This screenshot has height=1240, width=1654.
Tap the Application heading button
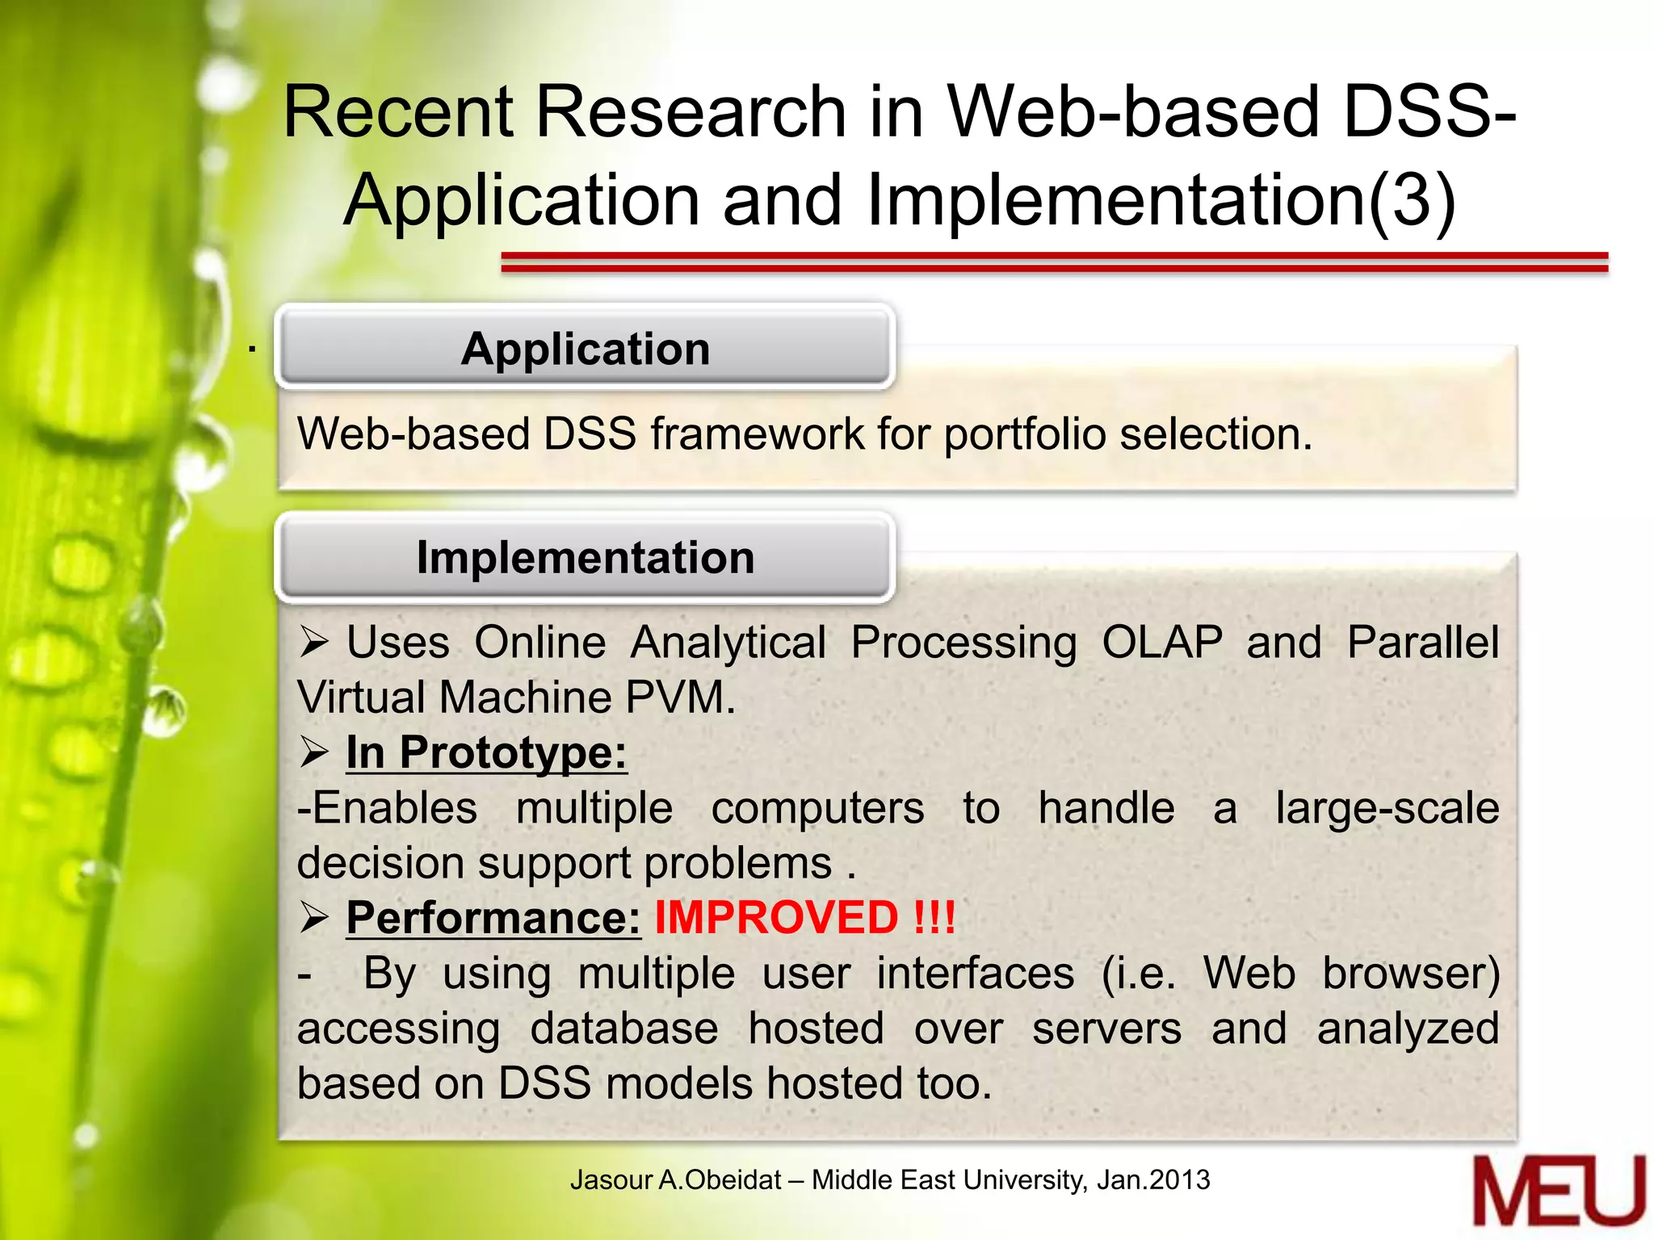click(585, 349)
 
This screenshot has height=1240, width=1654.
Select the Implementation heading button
click(585, 557)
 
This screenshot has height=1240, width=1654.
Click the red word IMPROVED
click(775, 918)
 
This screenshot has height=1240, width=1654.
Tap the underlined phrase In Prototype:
click(486, 753)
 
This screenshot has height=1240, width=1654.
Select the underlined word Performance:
click(493, 918)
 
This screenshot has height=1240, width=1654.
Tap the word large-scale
click(1387, 808)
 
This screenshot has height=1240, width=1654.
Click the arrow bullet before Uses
click(314, 643)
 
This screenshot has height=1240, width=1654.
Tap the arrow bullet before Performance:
click(314, 918)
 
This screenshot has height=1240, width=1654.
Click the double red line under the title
click(1054, 262)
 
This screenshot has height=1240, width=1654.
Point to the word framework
click(757, 434)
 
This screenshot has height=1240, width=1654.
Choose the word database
click(623, 1028)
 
